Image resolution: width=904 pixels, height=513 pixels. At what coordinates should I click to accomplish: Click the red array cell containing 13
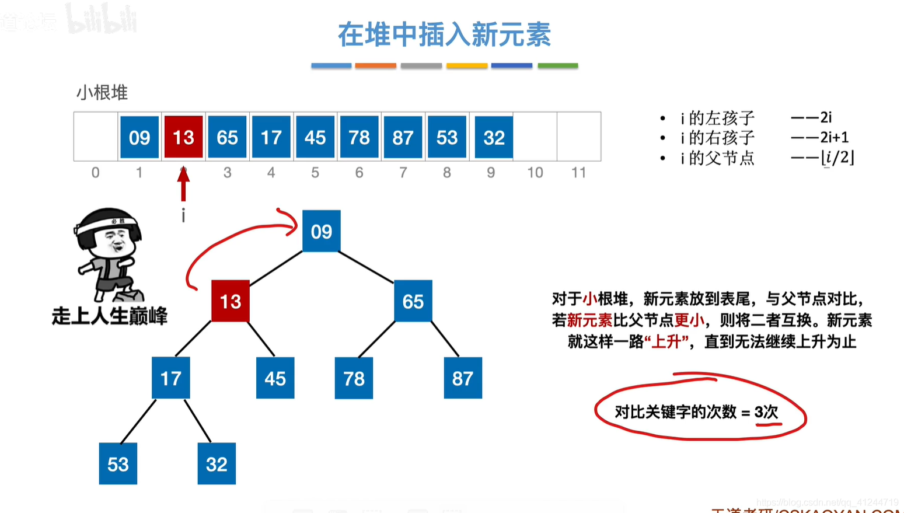pos(183,137)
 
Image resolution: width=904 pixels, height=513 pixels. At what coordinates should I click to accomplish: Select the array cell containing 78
pos(359,137)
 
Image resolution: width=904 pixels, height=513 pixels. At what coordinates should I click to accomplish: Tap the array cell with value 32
pos(494,137)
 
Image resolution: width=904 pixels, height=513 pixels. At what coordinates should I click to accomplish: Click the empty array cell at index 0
pos(96,137)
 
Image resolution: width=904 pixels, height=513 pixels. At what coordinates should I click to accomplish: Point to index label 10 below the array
pos(535,173)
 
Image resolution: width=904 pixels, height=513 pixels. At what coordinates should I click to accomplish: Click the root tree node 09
pos(321,232)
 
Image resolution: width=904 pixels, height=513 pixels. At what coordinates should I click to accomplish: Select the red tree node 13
pos(231,301)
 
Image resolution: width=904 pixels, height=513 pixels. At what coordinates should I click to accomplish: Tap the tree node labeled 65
pos(413,301)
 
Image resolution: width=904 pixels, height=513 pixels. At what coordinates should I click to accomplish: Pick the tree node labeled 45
pos(275,378)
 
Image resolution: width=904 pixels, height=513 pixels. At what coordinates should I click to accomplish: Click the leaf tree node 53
pos(118,464)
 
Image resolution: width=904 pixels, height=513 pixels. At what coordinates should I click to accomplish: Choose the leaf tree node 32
pos(217,464)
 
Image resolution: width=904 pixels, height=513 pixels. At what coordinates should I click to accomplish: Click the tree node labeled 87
pos(463,378)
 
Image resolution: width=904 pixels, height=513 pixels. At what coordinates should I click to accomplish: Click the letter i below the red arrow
pos(183,216)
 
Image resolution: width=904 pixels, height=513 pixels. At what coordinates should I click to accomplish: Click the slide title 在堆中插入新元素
pos(444,34)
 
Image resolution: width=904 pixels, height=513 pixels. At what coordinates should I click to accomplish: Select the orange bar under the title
pos(375,66)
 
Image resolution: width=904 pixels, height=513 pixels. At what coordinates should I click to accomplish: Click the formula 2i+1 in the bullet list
pos(834,138)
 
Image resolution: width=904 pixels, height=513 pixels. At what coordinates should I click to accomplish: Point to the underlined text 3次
pos(766,413)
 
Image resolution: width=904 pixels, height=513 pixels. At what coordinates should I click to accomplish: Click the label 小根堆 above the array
pos(102,93)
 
